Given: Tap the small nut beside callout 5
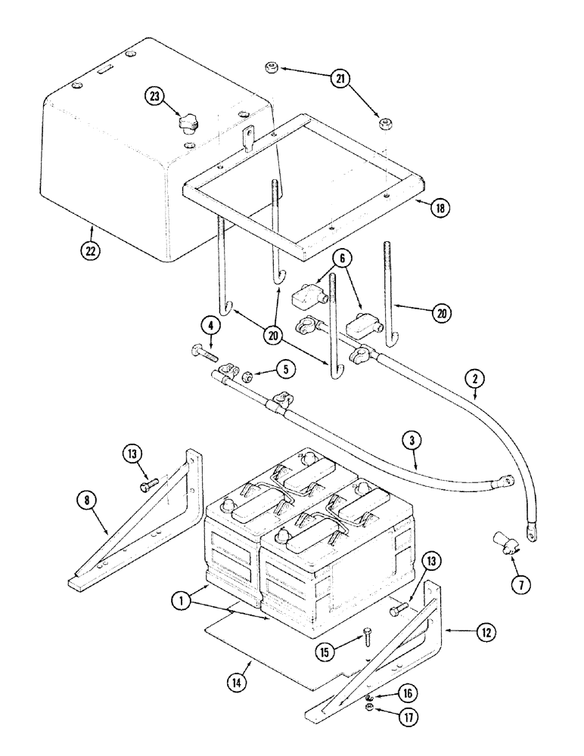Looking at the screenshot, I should [247, 373].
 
